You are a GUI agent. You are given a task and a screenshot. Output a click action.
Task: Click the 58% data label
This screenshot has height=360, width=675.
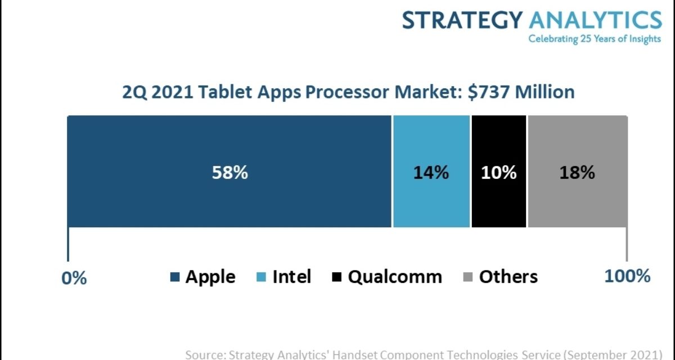click(x=229, y=173)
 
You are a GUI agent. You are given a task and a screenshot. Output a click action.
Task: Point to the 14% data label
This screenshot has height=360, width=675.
click(x=431, y=173)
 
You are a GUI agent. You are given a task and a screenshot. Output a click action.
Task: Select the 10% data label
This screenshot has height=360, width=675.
click(x=498, y=173)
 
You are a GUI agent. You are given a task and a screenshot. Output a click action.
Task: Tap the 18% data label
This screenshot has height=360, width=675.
click(x=577, y=173)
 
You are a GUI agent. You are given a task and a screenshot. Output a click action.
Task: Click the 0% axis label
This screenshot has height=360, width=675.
click(x=74, y=278)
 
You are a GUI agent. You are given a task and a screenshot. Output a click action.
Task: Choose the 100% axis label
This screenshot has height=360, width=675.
click(x=627, y=276)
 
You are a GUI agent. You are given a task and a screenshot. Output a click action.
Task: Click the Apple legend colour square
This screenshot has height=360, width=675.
click(x=175, y=277)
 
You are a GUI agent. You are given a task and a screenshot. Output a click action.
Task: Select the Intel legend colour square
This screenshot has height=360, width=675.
click(x=262, y=277)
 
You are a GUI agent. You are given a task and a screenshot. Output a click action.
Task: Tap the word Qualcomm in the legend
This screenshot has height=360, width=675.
click(x=395, y=277)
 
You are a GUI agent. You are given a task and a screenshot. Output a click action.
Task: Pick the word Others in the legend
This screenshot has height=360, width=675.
click(x=508, y=277)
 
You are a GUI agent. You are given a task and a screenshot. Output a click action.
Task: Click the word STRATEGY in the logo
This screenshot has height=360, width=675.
click(x=462, y=20)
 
